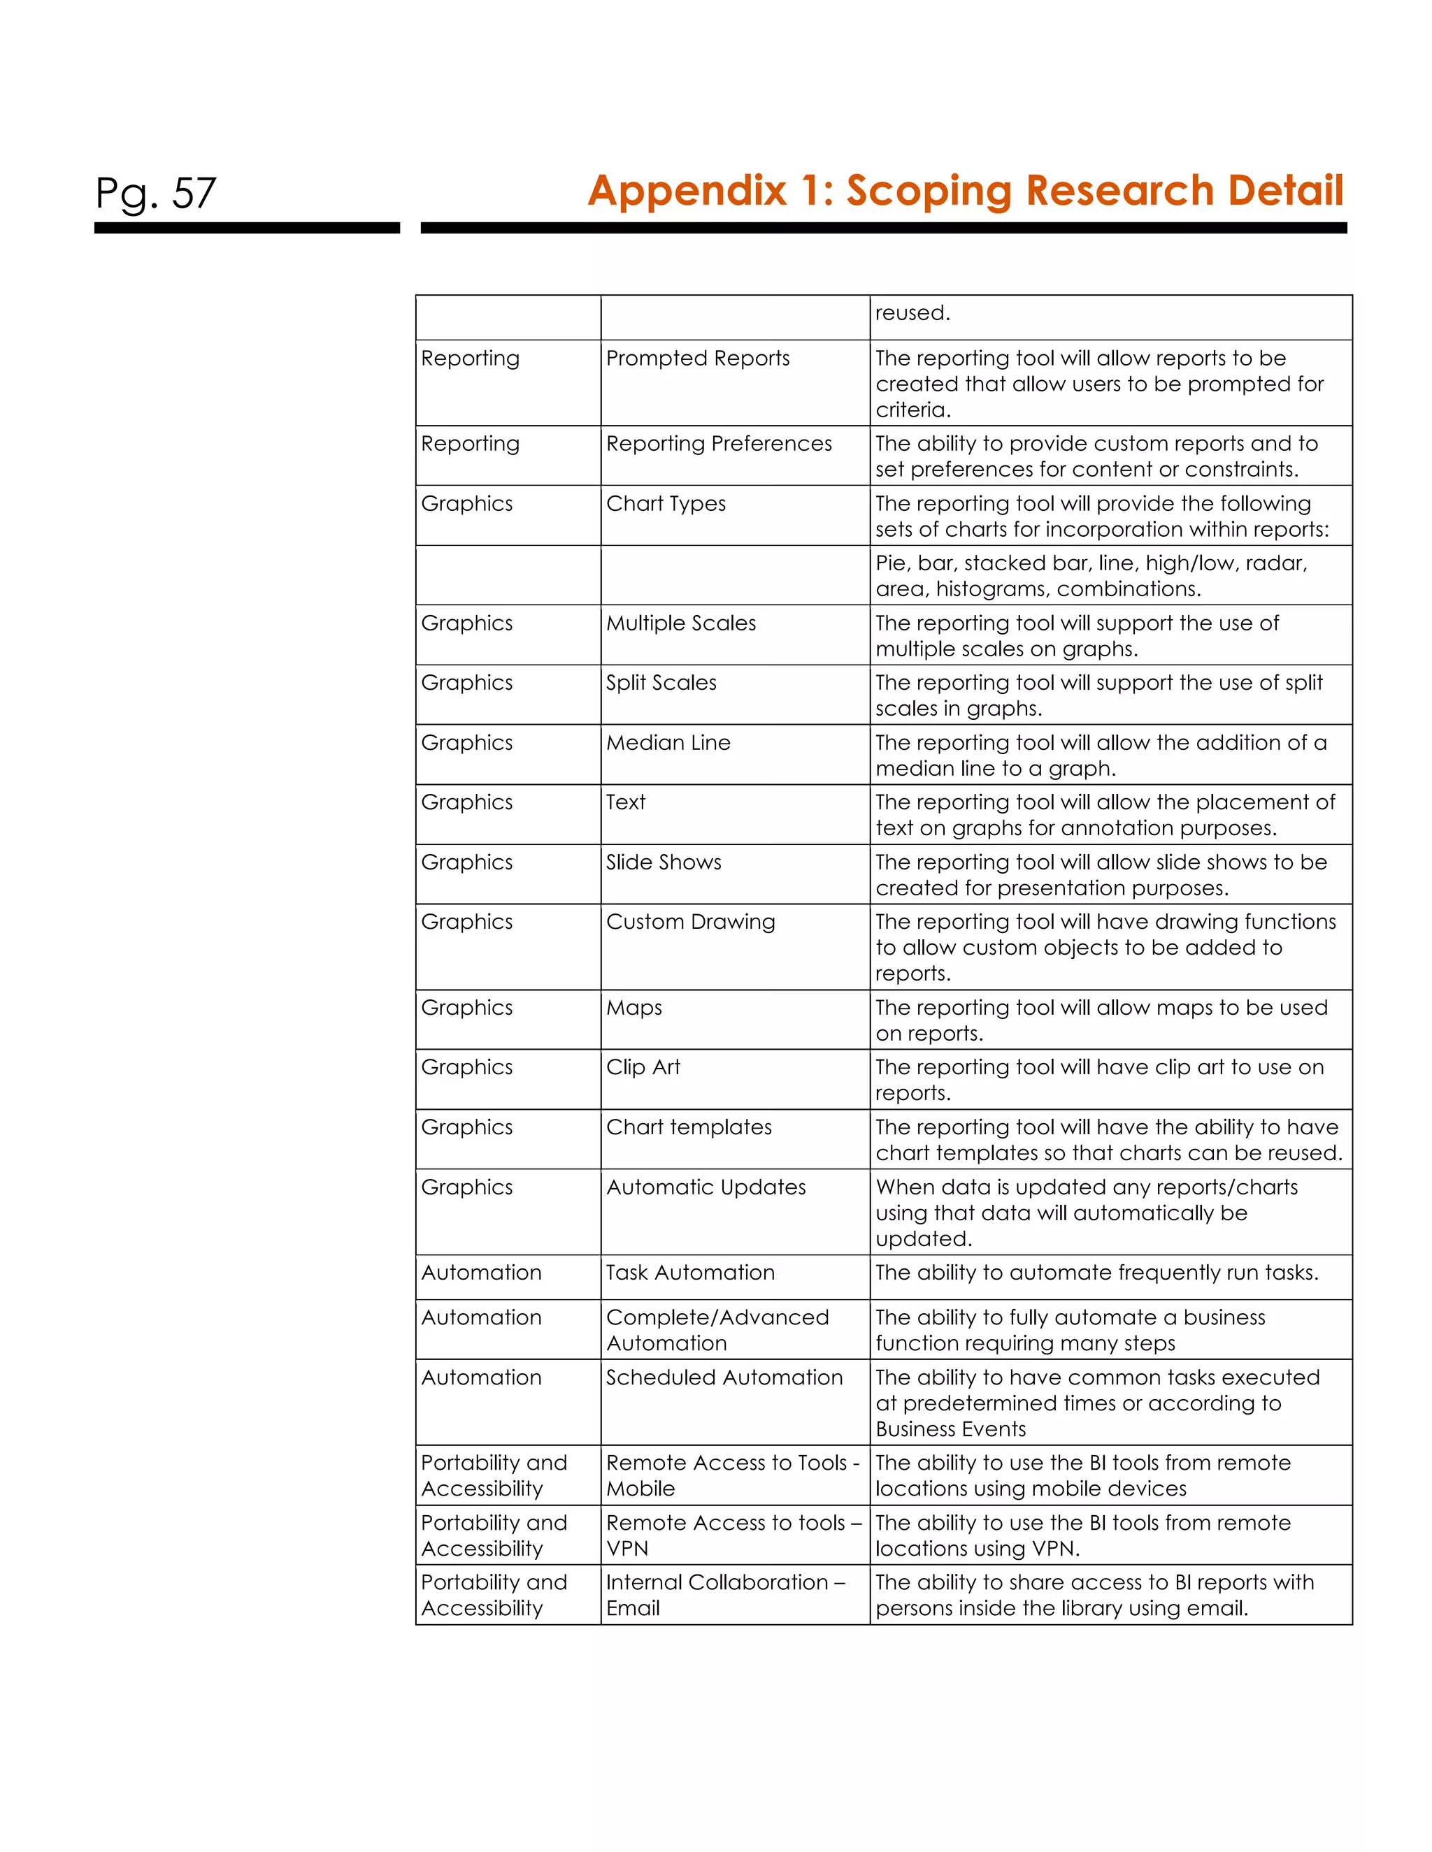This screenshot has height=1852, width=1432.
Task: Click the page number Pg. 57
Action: click(x=155, y=194)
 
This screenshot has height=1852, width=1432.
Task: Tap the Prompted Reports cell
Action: click(x=697, y=358)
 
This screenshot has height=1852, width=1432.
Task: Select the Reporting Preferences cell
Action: click(x=719, y=444)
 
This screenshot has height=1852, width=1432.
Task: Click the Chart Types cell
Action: click(x=666, y=504)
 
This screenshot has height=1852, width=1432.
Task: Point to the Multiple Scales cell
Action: click(x=680, y=623)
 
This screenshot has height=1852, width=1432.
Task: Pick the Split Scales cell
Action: click(x=661, y=683)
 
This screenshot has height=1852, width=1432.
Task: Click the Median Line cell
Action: click(x=668, y=743)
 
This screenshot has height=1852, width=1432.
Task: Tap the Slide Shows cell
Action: click(x=664, y=862)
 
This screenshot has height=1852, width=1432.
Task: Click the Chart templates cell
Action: click(x=689, y=1127)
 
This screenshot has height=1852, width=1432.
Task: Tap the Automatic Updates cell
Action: click(x=706, y=1187)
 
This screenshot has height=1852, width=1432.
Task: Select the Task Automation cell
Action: click(x=689, y=1273)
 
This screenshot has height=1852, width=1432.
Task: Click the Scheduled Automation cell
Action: click(x=724, y=1377)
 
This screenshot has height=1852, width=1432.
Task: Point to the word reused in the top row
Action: click(x=912, y=313)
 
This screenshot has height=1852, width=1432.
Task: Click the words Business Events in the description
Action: click(x=950, y=1429)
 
